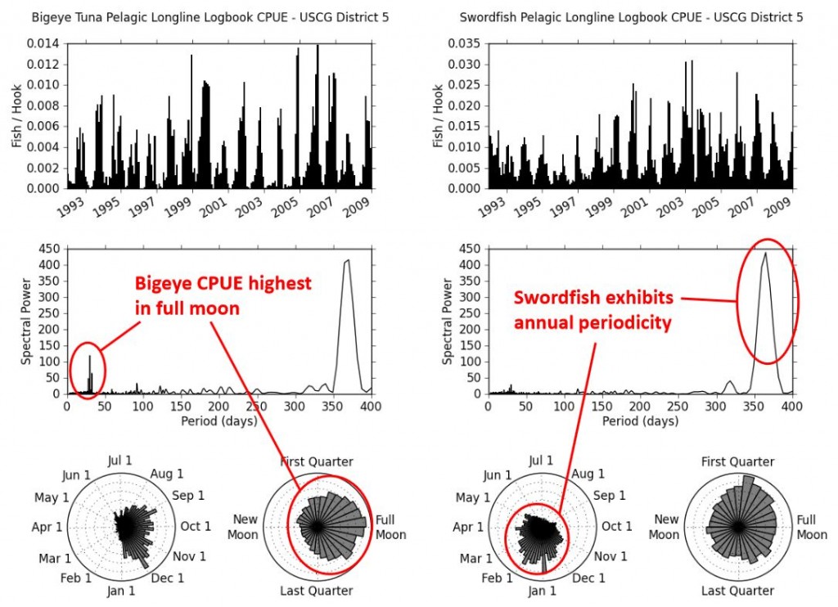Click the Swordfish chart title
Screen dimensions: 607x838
coord(631,16)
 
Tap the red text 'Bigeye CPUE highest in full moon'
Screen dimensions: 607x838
coord(223,296)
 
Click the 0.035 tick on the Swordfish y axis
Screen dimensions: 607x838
coord(465,43)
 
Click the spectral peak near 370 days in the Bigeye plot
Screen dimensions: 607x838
coord(347,262)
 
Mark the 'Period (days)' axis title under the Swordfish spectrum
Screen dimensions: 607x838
coord(640,420)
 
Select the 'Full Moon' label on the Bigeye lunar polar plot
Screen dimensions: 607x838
coord(390,527)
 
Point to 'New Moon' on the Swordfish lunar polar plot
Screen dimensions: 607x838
coord(666,527)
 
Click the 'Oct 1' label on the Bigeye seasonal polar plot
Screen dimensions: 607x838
coord(196,526)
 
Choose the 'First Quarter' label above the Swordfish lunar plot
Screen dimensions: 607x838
coord(737,462)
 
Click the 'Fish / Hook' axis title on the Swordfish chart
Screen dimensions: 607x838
coord(439,116)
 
